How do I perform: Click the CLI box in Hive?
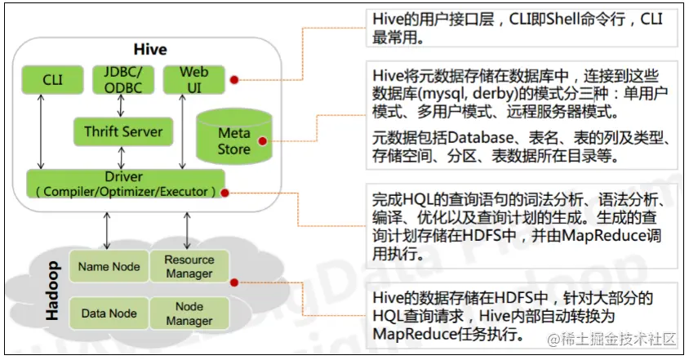[x=52, y=81]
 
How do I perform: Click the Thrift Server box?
[x=123, y=131]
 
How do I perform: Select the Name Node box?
[x=109, y=266]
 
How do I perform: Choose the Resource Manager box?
[x=189, y=266]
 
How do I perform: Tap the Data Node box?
[x=109, y=313]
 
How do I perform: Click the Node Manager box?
[x=189, y=313]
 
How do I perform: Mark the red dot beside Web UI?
[x=233, y=80]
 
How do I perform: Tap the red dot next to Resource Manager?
[x=234, y=282]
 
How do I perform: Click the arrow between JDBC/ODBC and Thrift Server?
[x=122, y=105]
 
